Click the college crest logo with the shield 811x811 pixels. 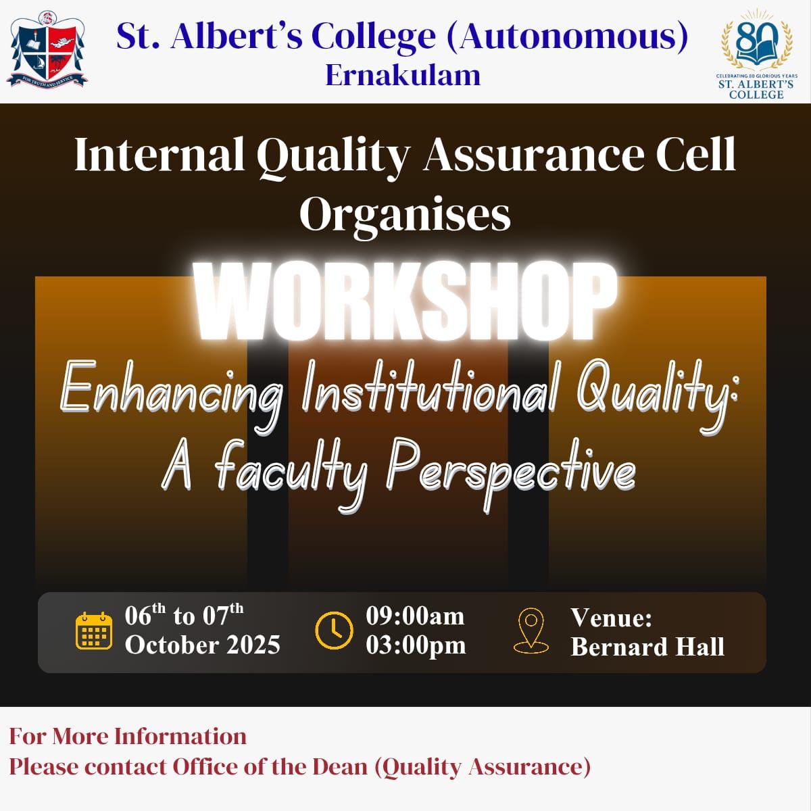pyautogui.click(x=47, y=49)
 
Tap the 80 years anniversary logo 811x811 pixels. pyautogui.click(x=756, y=54)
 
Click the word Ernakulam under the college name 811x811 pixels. pyautogui.click(x=403, y=76)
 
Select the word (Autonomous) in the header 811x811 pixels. pyautogui.click(x=567, y=37)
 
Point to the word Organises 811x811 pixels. pyautogui.click(x=405, y=216)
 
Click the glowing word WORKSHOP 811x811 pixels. pyautogui.click(x=405, y=301)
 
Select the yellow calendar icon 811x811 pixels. pyautogui.click(x=94, y=631)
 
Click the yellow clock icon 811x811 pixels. pyautogui.click(x=334, y=631)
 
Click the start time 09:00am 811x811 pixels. pyautogui.click(x=415, y=616)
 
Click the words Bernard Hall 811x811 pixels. pyautogui.click(x=647, y=647)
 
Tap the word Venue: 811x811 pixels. pyautogui.click(x=611, y=618)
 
